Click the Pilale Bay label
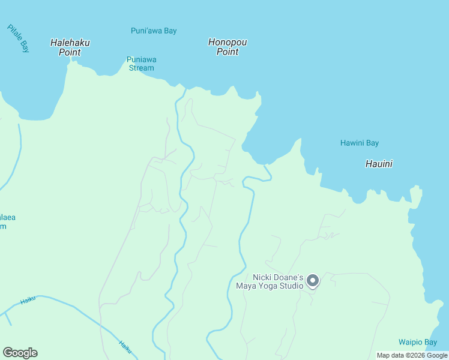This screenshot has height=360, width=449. coord(18,38)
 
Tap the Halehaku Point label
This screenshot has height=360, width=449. coord(70,47)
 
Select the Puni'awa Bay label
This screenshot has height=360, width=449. coord(154,31)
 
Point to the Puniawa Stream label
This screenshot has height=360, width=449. coord(141,64)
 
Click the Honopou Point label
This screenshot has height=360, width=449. coord(228,47)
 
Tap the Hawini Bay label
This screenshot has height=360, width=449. coord(360,143)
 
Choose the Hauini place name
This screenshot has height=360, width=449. coord(379,163)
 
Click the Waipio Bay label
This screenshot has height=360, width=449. coord(418,342)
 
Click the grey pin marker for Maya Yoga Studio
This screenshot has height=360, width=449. coord(312,280)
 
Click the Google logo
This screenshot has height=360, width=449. coord(20,353)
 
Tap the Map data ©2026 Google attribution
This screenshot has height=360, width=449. coord(412,356)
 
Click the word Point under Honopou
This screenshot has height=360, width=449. coord(228,52)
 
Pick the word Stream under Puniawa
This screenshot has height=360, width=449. coord(141,68)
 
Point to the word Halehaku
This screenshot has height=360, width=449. coord(70,43)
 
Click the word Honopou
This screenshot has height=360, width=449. coord(228,42)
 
